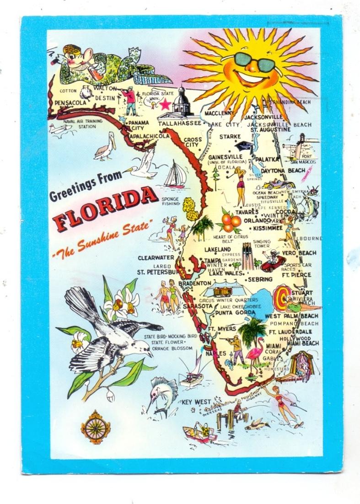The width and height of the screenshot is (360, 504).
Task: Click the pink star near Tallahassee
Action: coord(165,105)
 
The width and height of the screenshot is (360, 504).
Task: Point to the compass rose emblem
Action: coord(96,427)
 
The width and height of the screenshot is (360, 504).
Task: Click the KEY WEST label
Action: coord(196,402)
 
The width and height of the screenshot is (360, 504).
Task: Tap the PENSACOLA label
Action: coord(70,103)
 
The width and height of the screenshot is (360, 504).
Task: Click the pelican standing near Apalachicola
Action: coord(104,146)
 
